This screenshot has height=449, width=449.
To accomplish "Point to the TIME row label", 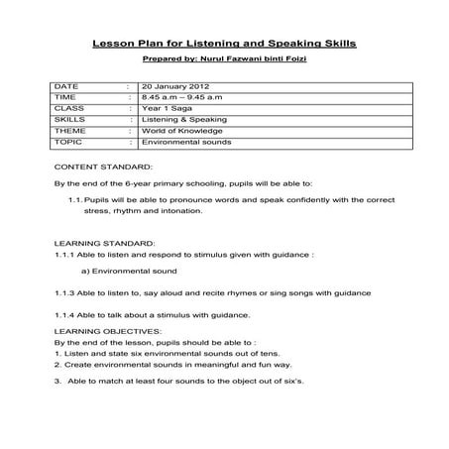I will click(x=64, y=98).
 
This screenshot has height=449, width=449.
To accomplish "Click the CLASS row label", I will click(x=67, y=109).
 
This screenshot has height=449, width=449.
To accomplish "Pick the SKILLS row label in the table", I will click(x=68, y=120).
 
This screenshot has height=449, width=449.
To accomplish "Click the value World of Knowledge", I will click(x=182, y=131).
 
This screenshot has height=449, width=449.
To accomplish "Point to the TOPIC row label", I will click(x=67, y=142).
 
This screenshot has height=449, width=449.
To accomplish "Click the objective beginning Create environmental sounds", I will click(x=154, y=364).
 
